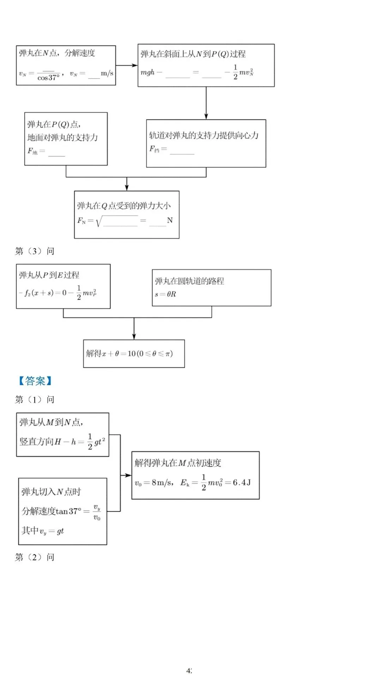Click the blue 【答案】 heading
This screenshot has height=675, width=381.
coord(35,381)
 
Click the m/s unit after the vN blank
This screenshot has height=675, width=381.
coord(107,73)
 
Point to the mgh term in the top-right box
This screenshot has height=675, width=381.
coord(147,72)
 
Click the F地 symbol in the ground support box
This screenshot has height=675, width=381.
coord(32,151)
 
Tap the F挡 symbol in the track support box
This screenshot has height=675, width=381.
coord(154,149)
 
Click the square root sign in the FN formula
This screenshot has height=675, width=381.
coord(99,221)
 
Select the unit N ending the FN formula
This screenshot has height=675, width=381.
coord(170,220)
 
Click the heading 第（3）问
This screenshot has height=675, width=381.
coord(35,251)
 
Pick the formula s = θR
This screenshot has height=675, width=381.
coord(165,294)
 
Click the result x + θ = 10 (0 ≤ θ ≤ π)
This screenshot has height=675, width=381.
coord(130,353)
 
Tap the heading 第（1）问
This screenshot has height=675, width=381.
coord(35,400)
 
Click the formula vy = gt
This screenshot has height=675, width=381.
coord(52,531)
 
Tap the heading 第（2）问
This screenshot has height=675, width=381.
coord(35,557)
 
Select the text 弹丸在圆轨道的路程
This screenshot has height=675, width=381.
coord(189,281)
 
